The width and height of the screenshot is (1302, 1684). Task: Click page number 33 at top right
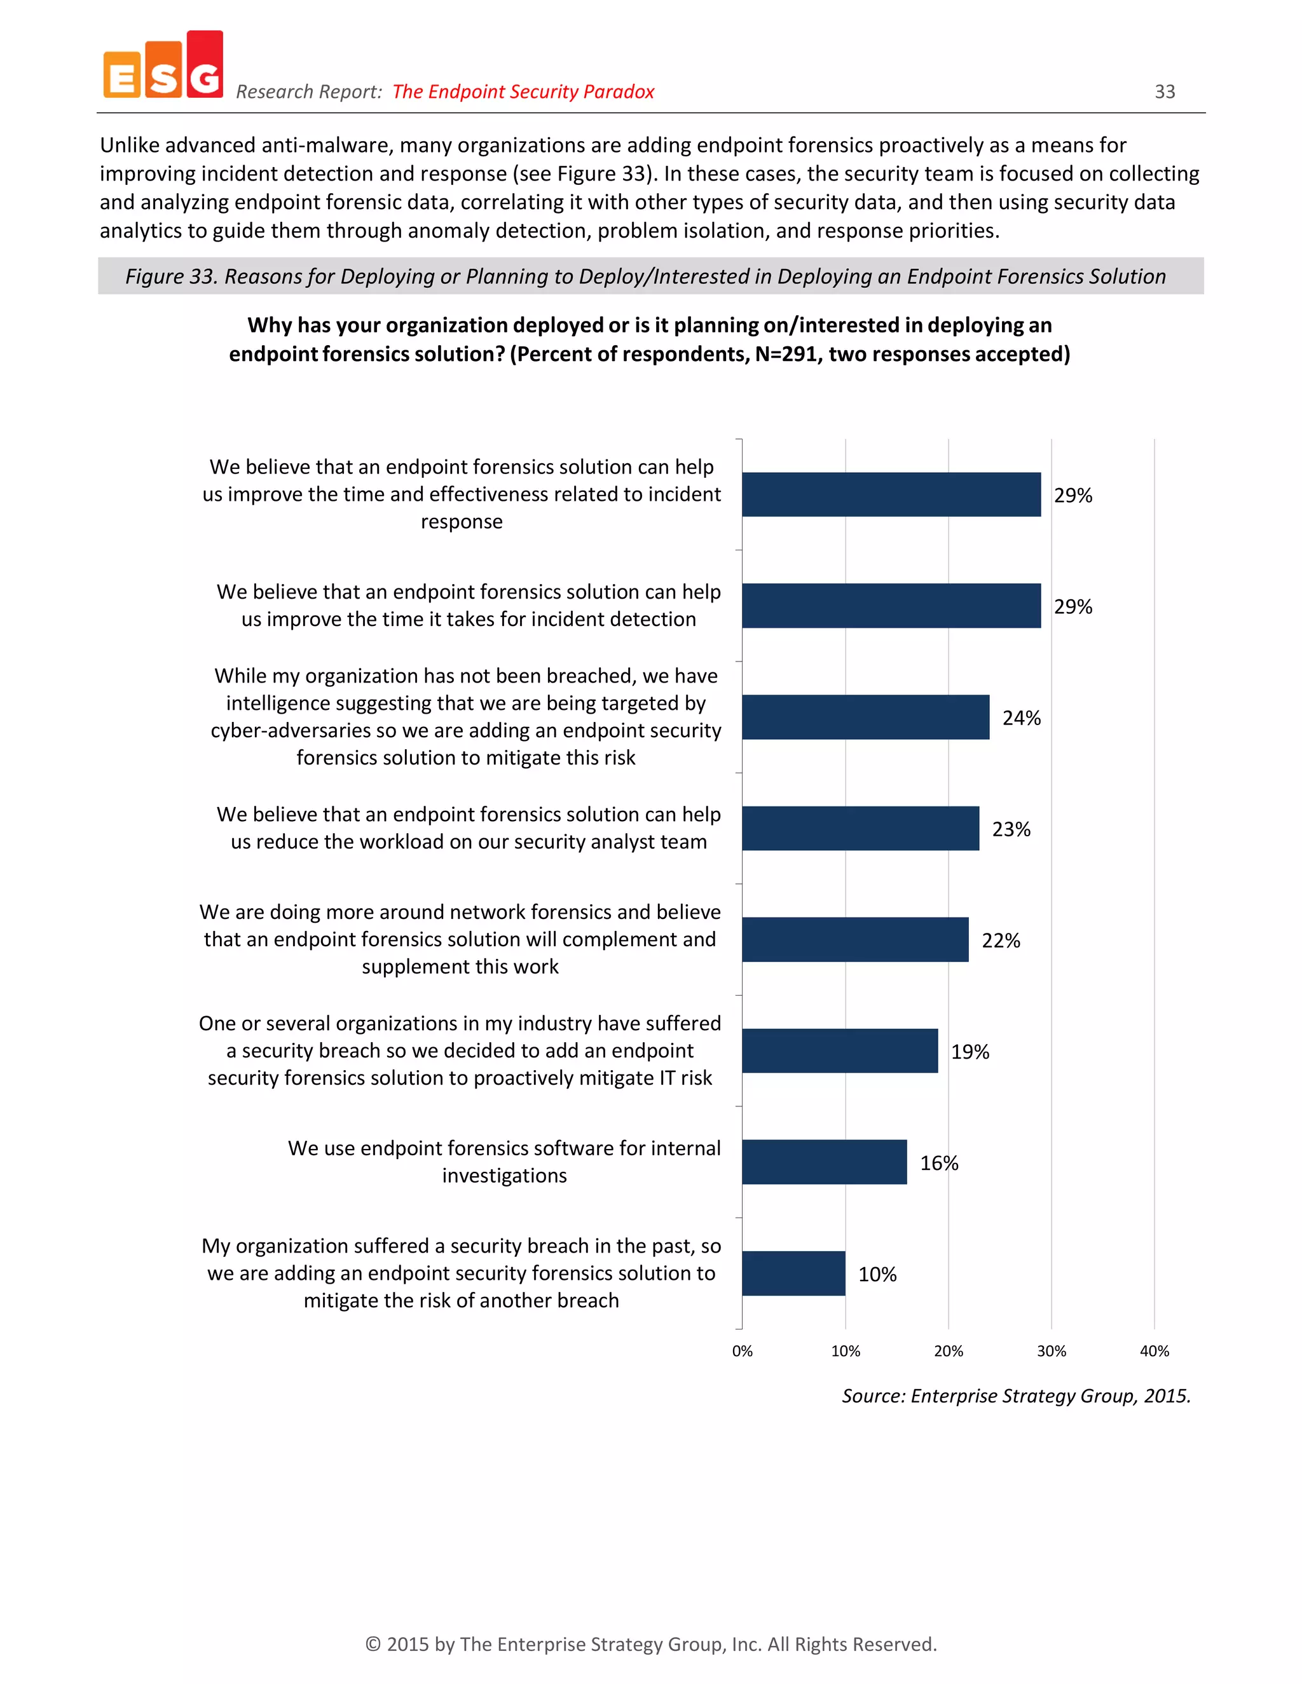click(1164, 92)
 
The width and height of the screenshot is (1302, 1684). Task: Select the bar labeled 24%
click(865, 717)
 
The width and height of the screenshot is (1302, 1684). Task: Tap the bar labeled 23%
click(860, 828)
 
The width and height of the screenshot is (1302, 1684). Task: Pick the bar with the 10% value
click(793, 1273)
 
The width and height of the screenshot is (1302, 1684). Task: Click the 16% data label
click(939, 1163)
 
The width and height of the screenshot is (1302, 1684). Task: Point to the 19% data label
click(970, 1052)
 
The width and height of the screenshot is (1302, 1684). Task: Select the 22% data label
click(1001, 940)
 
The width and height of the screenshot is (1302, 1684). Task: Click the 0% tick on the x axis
click(742, 1351)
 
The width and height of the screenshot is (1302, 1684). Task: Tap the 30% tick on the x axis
click(1050, 1351)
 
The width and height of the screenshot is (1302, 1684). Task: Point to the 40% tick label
click(1154, 1351)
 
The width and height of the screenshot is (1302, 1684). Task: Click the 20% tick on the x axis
click(948, 1351)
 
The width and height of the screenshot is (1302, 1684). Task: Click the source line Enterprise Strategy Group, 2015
click(1016, 1395)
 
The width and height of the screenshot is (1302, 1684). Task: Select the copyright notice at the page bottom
click(650, 1644)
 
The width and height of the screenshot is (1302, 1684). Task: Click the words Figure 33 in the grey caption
click(171, 277)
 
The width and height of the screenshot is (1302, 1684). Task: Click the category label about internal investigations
click(504, 1161)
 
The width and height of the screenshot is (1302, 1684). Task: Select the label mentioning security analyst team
click(468, 828)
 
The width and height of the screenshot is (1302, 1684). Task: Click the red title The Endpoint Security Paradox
click(523, 92)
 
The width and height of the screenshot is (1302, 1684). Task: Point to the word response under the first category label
click(462, 522)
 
